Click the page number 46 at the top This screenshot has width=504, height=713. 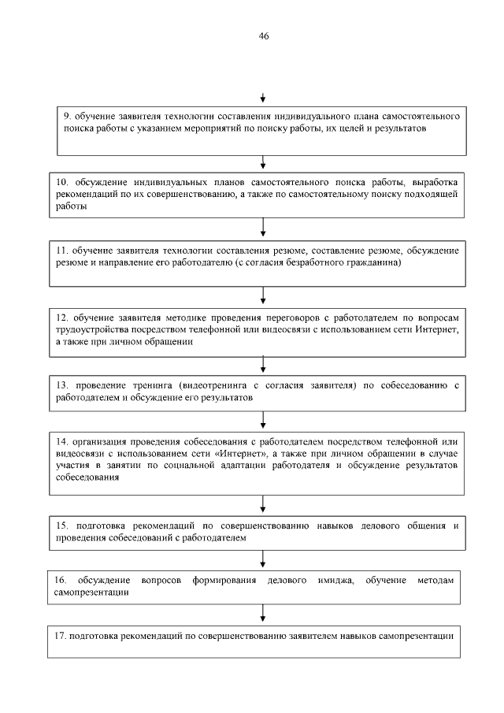263,35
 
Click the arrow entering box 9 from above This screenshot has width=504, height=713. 262,98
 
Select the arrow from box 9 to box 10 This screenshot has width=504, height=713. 262,162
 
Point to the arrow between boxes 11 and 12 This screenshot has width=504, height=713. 262,295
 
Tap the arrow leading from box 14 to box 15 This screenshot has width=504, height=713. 262,503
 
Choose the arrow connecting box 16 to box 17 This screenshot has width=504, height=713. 262,615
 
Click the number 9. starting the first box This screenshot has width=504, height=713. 68,116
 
